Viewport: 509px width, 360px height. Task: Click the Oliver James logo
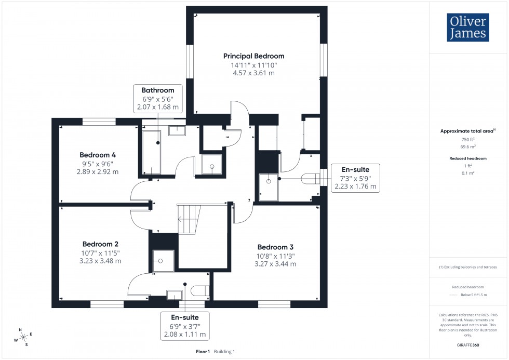(467, 28)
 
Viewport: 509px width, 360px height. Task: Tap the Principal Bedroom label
(254, 56)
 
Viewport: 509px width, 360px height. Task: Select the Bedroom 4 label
(98, 155)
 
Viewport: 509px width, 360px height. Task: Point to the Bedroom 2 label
(101, 244)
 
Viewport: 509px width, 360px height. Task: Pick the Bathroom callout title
(158, 90)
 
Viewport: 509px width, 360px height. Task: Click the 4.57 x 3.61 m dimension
(254, 73)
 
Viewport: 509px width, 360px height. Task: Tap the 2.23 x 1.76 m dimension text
(356, 186)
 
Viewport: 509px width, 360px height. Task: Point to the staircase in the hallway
(189, 218)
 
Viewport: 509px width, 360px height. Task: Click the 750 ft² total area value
(468, 139)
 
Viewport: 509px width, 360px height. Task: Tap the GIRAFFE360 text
(468, 344)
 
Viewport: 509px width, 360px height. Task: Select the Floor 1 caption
(203, 352)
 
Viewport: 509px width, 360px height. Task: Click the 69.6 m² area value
(468, 147)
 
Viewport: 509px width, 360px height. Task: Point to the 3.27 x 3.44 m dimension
(275, 264)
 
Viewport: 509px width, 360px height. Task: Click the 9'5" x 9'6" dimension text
(98, 164)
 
